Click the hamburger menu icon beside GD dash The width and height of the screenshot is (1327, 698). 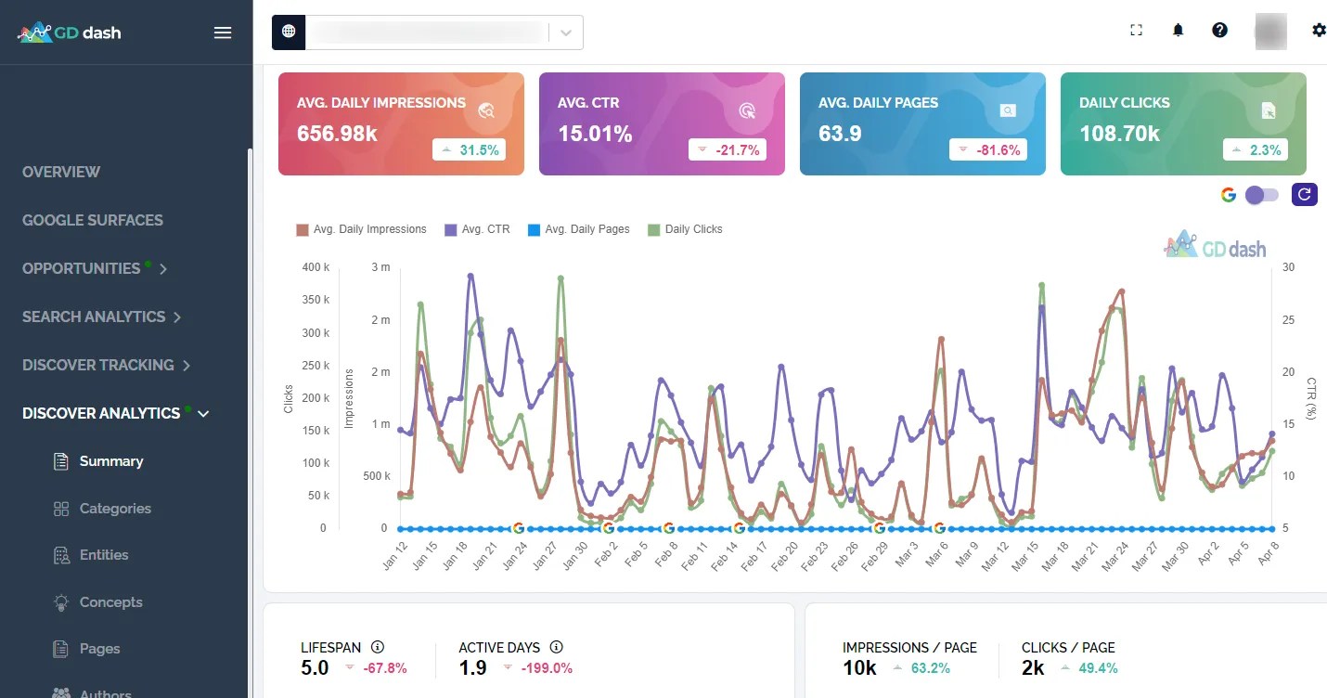223,32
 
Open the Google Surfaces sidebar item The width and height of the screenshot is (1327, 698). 93,220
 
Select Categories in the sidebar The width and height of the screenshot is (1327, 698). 115,509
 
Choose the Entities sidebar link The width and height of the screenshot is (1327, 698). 104,555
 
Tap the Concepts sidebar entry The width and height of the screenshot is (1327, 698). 111,602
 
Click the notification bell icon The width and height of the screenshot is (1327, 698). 1178,31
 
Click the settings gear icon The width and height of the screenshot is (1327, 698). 1319,31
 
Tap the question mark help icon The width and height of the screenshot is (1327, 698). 1219,31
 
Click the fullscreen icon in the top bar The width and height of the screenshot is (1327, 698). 1136,31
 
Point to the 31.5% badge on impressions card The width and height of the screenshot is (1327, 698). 469,149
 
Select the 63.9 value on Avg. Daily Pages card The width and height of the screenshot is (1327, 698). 840,134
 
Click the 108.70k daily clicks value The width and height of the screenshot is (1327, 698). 1119,134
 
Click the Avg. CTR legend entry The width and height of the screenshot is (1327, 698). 478,229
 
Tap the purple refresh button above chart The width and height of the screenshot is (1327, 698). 1305,194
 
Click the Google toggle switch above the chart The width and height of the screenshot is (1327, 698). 1262,195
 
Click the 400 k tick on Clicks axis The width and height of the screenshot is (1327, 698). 316,267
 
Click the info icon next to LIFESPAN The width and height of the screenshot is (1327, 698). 378,647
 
